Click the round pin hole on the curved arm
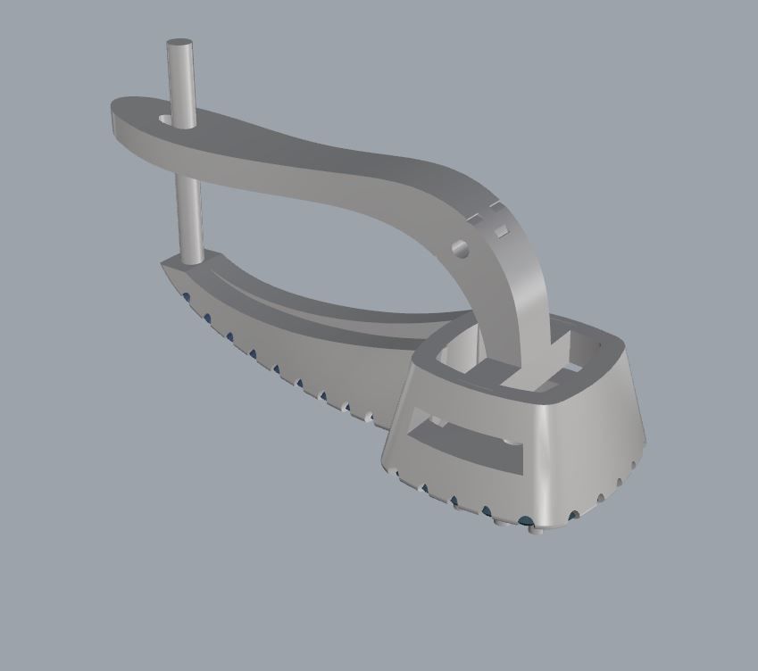461,246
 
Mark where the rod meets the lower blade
190,260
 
